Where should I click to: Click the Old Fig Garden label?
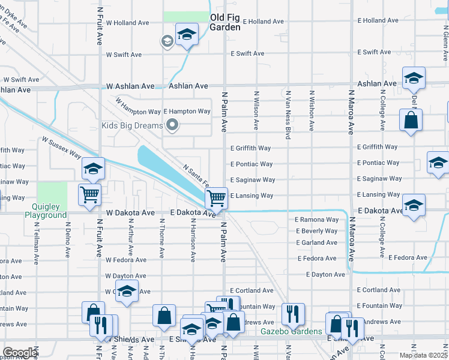[x=225, y=22]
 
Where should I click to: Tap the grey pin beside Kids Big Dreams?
[x=173, y=125]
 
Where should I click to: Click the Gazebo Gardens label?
[x=283, y=331]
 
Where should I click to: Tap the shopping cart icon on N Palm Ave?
[x=216, y=197]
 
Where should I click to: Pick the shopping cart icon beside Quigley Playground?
[x=89, y=194]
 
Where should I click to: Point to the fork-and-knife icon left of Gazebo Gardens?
[x=293, y=313]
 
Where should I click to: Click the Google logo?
[x=20, y=353]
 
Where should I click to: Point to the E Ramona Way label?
[x=316, y=220]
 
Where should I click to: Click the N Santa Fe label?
[x=196, y=176]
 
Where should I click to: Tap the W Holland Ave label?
[x=127, y=23]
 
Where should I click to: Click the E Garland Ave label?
[x=316, y=243]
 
